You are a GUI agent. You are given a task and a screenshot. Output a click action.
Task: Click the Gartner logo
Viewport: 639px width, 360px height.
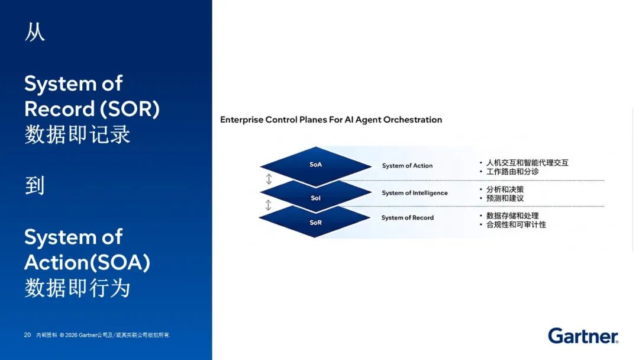coord(583,336)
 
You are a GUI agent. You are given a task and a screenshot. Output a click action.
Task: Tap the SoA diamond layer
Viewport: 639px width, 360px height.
coord(316,165)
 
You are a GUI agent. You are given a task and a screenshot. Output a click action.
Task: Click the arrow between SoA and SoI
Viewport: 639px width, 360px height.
coord(269,179)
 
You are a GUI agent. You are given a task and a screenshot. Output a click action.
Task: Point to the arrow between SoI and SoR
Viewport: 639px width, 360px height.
coord(268,205)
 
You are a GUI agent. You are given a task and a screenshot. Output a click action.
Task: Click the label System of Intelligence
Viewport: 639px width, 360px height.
coord(414,193)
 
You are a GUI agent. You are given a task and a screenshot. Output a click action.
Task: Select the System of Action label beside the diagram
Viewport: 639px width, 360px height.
coord(407,166)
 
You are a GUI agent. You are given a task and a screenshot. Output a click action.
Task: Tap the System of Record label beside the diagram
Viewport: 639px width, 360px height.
coord(408,218)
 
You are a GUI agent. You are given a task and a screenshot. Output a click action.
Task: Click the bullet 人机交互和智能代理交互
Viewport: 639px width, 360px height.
coord(527,163)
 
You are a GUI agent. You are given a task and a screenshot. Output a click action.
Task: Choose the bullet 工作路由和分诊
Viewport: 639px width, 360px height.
coord(512,172)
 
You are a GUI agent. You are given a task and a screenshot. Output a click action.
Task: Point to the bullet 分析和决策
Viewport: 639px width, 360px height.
coord(505,189)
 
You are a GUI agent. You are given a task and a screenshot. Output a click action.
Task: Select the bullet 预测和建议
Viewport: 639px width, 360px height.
coord(505,198)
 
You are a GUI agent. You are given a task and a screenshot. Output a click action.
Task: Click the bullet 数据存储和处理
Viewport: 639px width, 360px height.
coord(512,216)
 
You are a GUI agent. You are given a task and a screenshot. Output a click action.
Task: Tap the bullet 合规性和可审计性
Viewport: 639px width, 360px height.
coord(516,224)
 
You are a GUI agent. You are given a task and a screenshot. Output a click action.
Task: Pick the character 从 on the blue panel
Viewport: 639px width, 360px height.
coord(35,32)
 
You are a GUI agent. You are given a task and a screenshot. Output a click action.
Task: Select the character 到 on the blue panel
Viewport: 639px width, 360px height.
coord(35,186)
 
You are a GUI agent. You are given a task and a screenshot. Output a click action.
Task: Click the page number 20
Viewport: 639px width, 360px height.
coord(27,335)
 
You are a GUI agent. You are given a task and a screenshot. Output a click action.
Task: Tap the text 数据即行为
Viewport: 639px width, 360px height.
coord(78,288)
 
